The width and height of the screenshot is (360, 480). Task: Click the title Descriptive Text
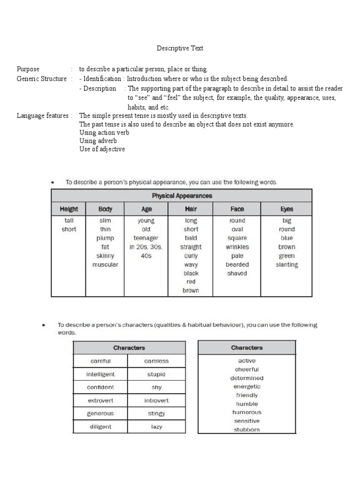180,48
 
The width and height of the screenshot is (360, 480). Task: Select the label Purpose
28,69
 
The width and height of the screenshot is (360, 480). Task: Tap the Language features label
41,115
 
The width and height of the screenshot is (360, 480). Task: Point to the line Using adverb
98,141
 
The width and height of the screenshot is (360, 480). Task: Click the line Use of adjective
102,149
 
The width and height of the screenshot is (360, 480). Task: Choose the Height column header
69,209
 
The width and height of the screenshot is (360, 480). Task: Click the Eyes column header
286,209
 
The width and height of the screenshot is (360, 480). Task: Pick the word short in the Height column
68,229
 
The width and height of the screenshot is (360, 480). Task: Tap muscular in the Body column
105,264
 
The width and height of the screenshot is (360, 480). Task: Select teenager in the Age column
146,238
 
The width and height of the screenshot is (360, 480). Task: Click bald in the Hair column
191,238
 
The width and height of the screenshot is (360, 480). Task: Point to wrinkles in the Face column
237,247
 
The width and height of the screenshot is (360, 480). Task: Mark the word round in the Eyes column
286,229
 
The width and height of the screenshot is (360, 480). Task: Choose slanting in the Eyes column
286,264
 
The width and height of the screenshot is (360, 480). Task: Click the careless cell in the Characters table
156,361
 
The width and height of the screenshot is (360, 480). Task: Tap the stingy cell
156,413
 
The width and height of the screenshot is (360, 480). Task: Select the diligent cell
100,427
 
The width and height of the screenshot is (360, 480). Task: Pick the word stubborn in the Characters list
247,429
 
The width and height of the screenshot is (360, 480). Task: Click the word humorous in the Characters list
247,412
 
